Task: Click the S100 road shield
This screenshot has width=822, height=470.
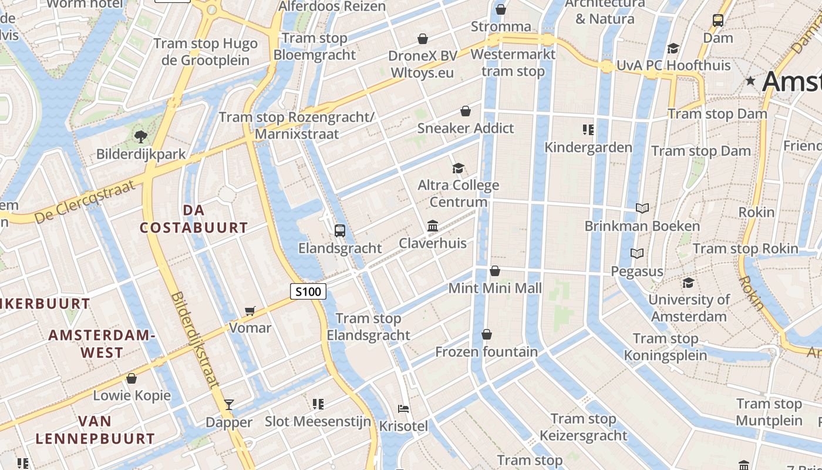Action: (x=308, y=291)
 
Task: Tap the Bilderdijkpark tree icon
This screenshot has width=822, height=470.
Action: (x=140, y=137)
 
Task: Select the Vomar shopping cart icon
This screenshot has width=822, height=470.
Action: (x=250, y=310)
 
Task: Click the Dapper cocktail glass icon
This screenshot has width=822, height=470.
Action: (x=229, y=404)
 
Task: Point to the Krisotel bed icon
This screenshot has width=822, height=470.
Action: (x=403, y=408)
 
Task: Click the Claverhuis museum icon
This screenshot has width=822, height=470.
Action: (x=433, y=226)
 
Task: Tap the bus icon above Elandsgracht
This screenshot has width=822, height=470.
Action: (x=339, y=230)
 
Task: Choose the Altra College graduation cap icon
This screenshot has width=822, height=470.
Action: (x=458, y=168)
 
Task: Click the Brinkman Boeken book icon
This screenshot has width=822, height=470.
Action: (x=642, y=208)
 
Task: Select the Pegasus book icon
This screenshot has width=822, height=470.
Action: (x=637, y=253)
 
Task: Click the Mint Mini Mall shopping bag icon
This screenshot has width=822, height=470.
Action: (x=495, y=271)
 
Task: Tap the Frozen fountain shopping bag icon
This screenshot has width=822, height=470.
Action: (x=486, y=334)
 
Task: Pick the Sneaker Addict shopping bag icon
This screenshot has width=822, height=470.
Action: (x=465, y=111)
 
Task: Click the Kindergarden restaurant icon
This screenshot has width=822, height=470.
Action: (x=588, y=129)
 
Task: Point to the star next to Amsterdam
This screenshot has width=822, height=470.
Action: (x=750, y=81)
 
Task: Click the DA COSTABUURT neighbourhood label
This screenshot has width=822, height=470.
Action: (x=194, y=219)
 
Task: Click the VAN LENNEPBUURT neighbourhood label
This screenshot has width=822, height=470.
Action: (x=95, y=429)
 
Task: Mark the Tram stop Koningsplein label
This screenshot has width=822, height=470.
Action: (x=665, y=347)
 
